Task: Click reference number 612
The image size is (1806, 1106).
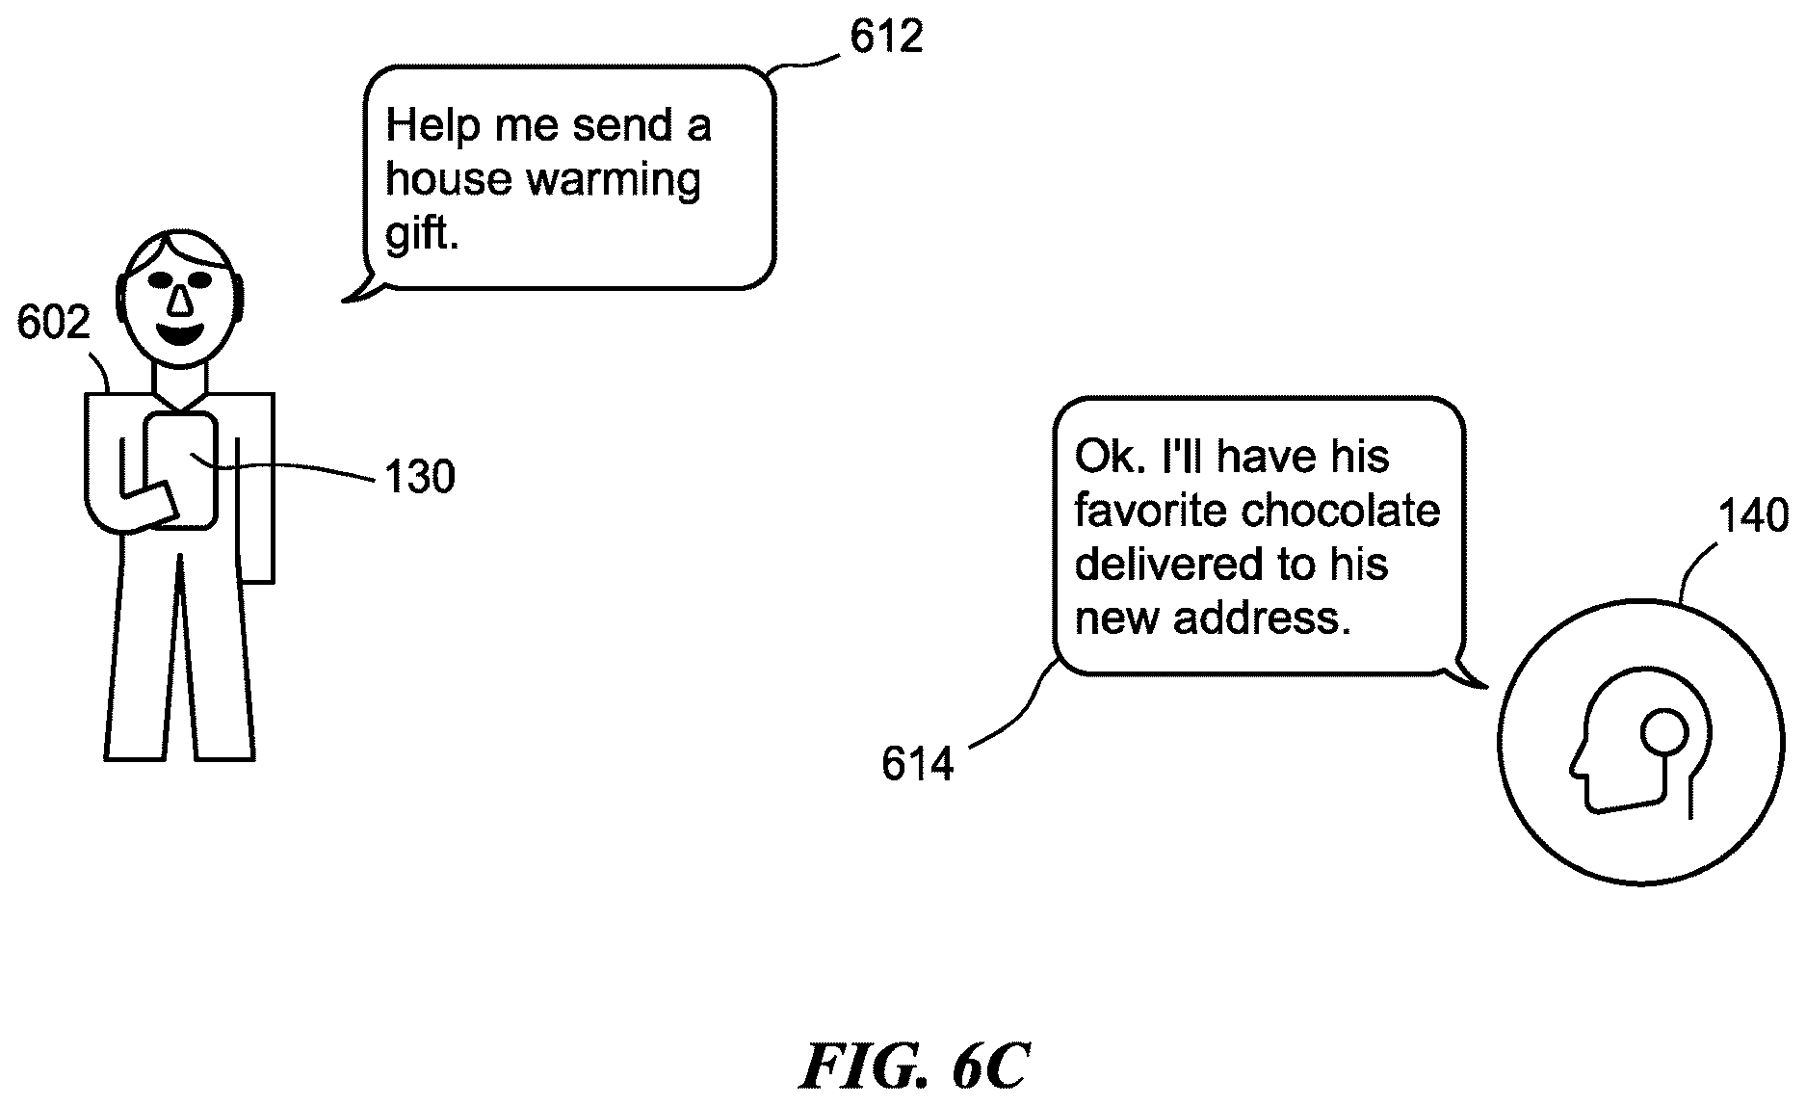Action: coord(886,37)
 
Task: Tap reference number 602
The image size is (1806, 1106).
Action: coord(53,323)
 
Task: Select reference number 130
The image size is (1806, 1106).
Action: coord(419,477)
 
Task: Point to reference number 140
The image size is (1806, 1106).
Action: coord(1753,517)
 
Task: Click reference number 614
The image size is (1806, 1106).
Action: coord(917,765)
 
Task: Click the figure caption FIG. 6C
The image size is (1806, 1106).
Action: coord(914,1065)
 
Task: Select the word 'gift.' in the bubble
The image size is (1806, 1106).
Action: coord(422,234)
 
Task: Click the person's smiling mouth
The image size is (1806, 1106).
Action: coord(180,336)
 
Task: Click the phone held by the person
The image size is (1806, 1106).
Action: coord(180,470)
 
